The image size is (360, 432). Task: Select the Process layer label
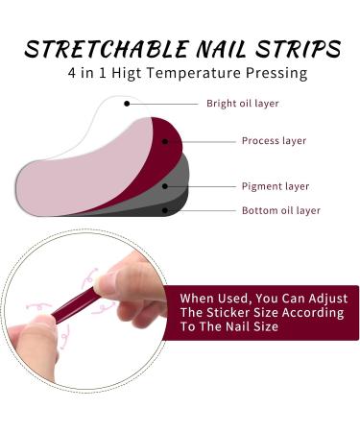tap(275, 141)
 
